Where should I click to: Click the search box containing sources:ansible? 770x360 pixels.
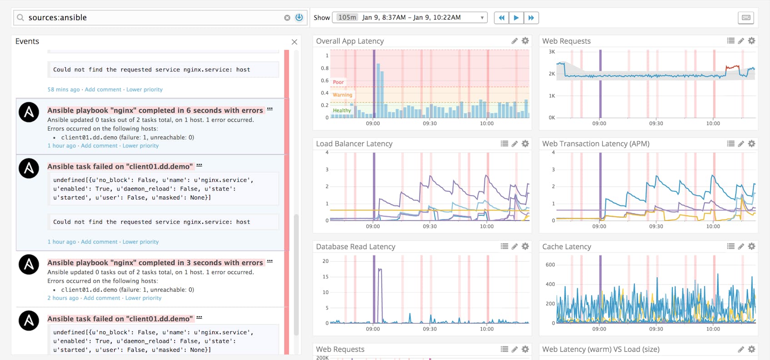[150, 18]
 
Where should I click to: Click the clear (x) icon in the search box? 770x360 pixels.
[287, 18]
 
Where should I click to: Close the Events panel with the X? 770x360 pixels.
[295, 42]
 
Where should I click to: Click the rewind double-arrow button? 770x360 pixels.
[501, 18]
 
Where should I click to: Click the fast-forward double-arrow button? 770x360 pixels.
[531, 18]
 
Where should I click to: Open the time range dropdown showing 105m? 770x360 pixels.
[410, 18]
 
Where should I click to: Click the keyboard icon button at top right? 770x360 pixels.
[746, 18]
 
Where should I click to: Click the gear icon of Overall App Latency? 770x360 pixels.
[525, 41]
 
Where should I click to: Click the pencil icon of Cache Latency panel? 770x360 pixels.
[741, 246]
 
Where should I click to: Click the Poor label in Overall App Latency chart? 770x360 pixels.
[338, 82]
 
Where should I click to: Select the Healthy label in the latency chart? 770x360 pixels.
[342, 110]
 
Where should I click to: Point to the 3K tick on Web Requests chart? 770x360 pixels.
[552, 52]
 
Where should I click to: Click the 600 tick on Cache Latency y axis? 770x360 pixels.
[550, 265]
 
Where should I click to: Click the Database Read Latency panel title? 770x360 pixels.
[355, 246]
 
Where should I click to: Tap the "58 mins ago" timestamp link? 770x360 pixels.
[64, 90]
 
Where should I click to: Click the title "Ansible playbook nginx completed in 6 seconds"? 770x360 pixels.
[155, 110]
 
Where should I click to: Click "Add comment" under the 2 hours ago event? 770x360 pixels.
[102, 298]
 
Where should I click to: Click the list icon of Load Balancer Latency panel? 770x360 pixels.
[504, 144]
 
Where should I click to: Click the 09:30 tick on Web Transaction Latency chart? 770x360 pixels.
[656, 226]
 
